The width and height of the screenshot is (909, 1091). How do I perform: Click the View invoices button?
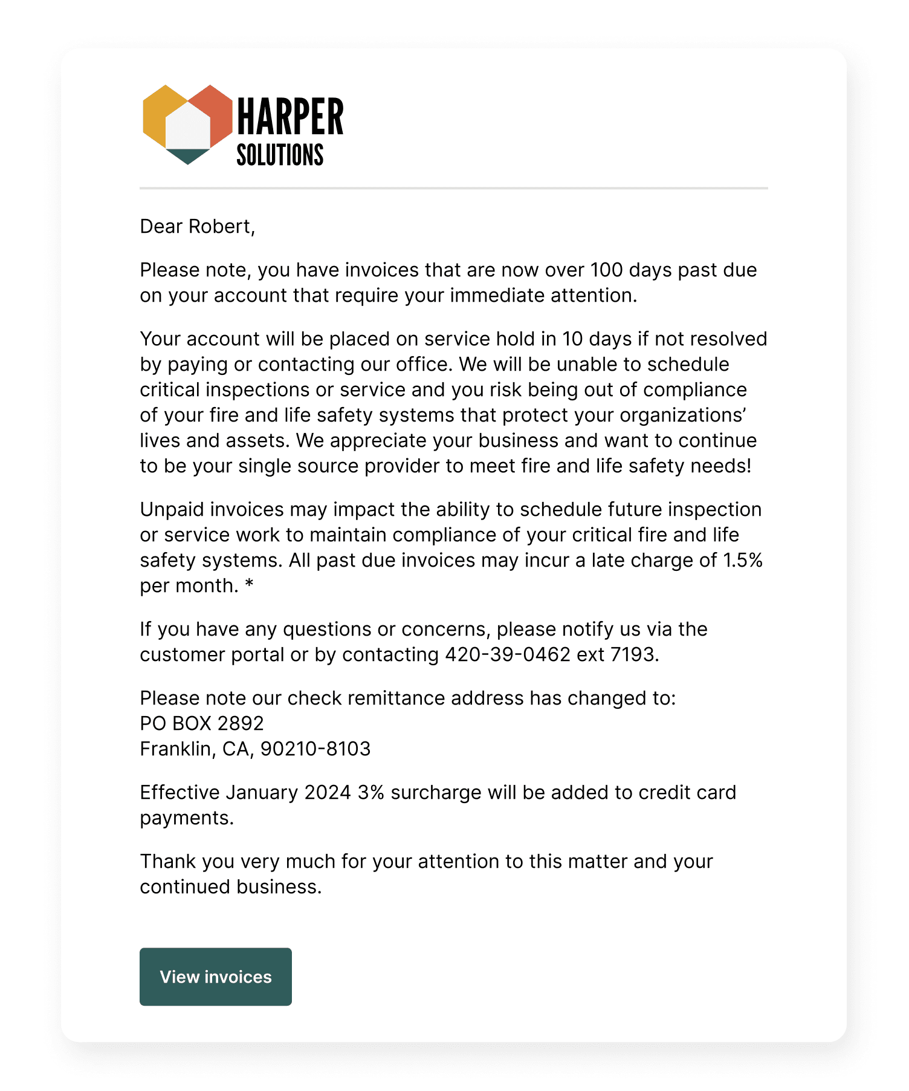pos(215,977)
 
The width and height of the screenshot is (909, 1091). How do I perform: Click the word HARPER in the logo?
pos(290,117)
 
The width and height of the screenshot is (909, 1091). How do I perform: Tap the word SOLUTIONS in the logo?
pos(280,155)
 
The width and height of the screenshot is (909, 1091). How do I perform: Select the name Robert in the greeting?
pos(220,227)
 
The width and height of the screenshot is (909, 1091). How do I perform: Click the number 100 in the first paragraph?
pos(606,270)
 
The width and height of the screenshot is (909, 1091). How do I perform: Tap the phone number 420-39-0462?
pos(508,655)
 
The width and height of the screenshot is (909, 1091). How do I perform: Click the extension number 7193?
pos(632,655)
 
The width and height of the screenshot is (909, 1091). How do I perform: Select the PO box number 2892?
pos(240,724)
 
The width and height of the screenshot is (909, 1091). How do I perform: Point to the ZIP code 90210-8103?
pos(315,749)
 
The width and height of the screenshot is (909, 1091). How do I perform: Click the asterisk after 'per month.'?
pos(249,585)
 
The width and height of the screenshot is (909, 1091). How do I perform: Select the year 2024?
pos(328,793)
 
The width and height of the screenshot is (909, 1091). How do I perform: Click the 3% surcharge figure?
pos(370,793)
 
